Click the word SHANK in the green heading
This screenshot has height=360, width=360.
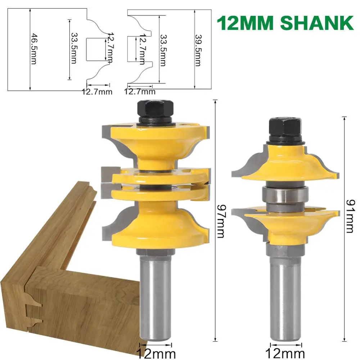(x=317, y=23)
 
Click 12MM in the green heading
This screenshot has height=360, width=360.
(x=245, y=23)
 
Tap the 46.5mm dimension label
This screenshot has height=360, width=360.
(x=34, y=49)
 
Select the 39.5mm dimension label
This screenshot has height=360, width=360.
(x=198, y=50)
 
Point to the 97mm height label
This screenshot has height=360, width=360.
(x=221, y=221)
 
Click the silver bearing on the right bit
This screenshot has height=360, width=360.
(x=285, y=195)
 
